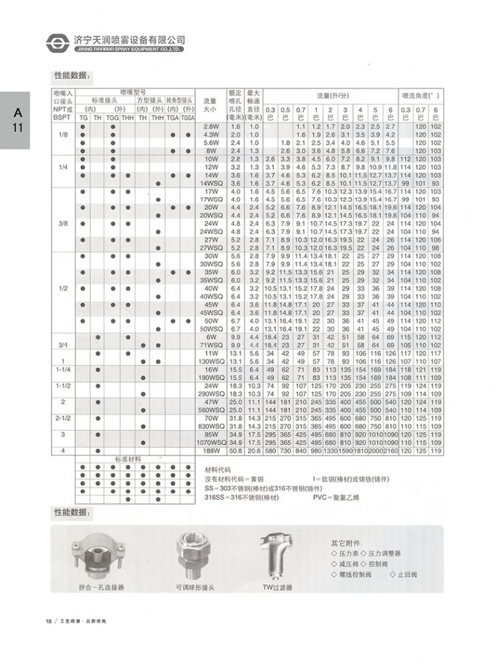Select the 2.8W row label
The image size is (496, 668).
click(211, 126)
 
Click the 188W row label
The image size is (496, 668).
click(211, 452)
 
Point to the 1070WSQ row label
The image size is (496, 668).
click(211, 443)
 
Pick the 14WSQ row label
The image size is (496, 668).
click(211, 184)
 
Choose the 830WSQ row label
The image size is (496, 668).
click(211, 426)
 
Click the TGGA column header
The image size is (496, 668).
click(188, 117)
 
